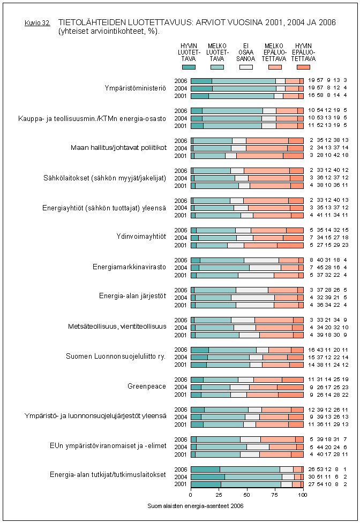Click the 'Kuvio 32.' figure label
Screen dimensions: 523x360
(37, 24)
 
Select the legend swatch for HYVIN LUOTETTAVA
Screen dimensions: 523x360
(189, 67)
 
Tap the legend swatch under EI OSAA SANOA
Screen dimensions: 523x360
(246, 67)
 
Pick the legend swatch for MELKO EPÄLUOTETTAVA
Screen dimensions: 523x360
(275, 67)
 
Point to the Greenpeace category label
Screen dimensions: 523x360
(146, 386)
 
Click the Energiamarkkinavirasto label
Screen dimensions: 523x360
(129, 267)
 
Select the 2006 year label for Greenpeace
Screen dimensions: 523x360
(182, 379)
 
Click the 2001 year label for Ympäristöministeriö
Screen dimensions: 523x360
(182, 96)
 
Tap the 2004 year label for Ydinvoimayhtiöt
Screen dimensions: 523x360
(182, 237)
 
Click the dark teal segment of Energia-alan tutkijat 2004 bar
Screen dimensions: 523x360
(208, 476)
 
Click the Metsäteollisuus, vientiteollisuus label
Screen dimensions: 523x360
(117, 327)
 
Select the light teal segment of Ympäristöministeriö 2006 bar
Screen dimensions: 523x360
(244, 80)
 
